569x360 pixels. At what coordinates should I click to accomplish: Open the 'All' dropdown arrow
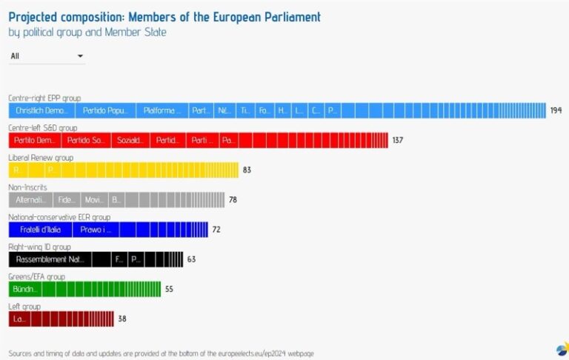(80, 56)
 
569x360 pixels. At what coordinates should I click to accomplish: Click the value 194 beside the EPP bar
(556, 110)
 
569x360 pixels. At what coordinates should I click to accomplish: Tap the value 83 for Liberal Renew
(247, 170)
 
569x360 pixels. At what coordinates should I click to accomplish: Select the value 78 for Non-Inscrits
(233, 199)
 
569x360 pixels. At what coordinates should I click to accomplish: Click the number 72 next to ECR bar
(216, 230)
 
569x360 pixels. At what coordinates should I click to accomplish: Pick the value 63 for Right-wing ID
(191, 259)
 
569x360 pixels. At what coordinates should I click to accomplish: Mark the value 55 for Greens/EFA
(169, 289)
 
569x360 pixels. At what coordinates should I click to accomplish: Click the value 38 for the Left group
(122, 319)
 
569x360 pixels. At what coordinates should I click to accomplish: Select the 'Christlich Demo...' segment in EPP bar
(41, 110)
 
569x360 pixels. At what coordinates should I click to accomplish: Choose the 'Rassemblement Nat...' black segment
(50, 259)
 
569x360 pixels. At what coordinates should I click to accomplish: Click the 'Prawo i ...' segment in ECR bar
(96, 230)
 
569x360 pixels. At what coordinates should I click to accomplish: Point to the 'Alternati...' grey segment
(30, 199)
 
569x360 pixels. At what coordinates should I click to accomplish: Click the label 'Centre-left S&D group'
(44, 127)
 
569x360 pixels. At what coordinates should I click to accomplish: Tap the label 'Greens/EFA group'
(36, 276)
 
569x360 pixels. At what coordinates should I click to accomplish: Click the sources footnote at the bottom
(161, 353)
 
